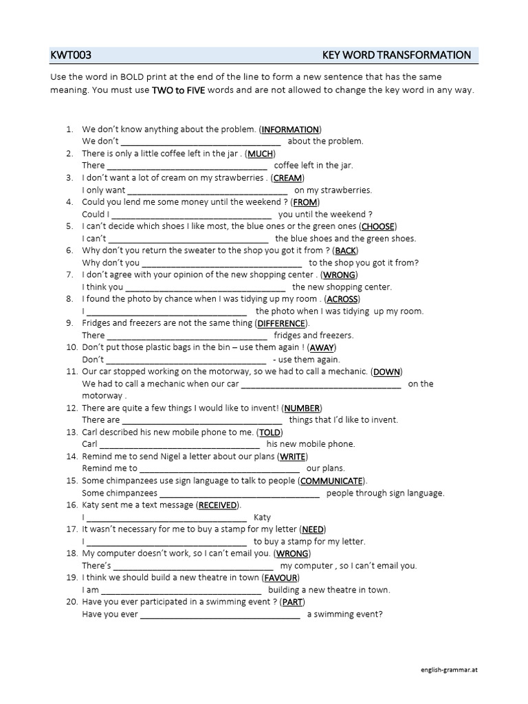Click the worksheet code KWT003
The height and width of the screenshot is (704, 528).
[x=71, y=55]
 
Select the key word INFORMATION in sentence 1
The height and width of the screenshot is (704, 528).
[x=290, y=129]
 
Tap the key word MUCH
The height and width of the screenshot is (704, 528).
[x=261, y=153]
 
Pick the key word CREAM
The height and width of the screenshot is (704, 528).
[x=287, y=178]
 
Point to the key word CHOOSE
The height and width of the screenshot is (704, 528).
[x=377, y=226]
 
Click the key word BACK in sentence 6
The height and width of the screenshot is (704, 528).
[x=345, y=251]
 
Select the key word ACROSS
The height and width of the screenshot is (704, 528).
[x=342, y=299]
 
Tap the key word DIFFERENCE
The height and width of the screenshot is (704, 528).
[x=281, y=323]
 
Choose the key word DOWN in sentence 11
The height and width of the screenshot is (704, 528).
[x=386, y=372]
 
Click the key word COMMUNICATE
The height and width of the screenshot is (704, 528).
[x=331, y=481]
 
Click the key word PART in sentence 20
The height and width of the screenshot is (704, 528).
[x=293, y=602]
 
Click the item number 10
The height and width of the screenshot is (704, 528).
[x=71, y=348]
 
